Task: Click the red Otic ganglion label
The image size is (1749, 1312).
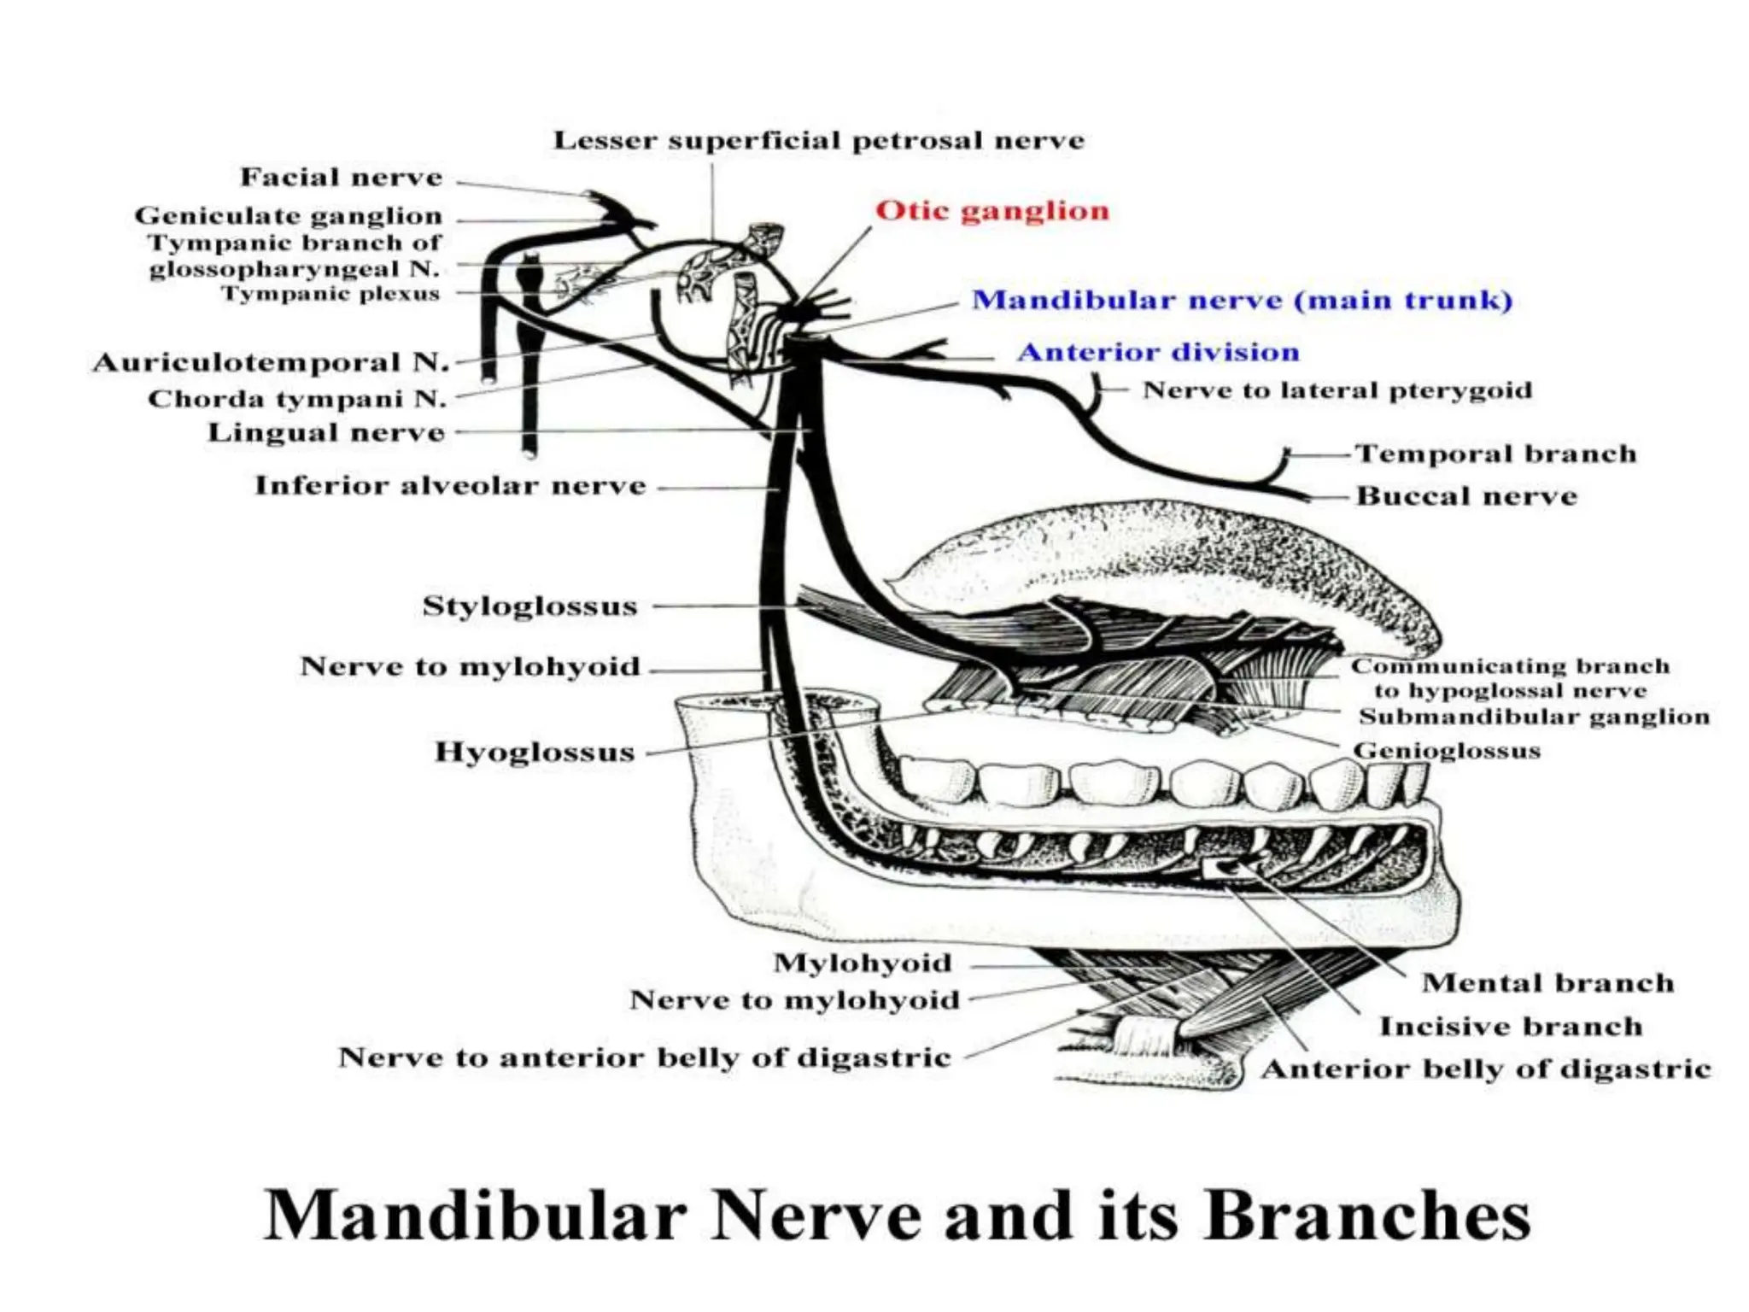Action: [x=992, y=210]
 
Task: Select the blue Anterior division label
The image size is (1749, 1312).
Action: [x=1159, y=352]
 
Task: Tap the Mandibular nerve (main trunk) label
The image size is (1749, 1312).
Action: [x=1243, y=300]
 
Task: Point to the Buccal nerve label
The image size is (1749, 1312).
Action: [x=1466, y=495]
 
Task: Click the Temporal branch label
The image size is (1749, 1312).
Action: [x=1495, y=454]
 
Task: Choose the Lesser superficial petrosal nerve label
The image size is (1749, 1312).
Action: [x=819, y=140]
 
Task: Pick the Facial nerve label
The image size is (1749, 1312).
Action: [x=342, y=177]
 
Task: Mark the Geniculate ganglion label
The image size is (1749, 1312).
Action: [x=289, y=215]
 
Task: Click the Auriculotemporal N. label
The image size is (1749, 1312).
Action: [x=271, y=362]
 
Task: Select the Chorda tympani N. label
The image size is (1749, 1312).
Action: [x=297, y=399]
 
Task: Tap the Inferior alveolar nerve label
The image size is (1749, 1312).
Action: [x=450, y=486]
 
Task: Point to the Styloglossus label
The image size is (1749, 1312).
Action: [x=530, y=606]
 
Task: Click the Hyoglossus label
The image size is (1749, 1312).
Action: [x=535, y=753]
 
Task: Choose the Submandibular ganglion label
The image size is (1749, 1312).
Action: [x=1534, y=717]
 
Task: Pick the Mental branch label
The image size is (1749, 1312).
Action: [x=1547, y=983]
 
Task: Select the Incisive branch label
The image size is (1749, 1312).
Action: [x=1511, y=1026]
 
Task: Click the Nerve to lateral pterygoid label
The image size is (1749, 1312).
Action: [x=1337, y=390]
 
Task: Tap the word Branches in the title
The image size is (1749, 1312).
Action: [x=1367, y=1215]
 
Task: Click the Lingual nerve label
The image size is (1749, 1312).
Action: [x=326, y=432]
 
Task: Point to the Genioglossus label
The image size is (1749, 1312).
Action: [x=1447, y=751]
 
